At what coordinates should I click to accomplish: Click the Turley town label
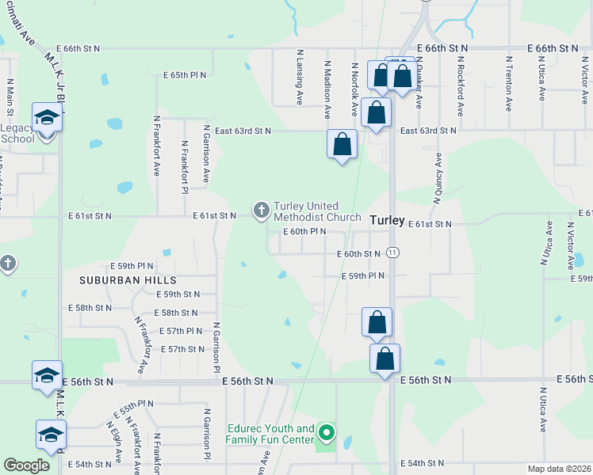387,219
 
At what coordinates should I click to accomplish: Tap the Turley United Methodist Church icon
261,210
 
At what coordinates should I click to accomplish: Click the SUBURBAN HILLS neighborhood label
127,280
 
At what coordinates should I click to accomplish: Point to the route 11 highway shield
394,253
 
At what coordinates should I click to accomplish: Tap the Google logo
26,465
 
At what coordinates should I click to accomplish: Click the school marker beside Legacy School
47,119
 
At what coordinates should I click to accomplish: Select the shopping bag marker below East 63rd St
342,145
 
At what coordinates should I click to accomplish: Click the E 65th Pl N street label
185,75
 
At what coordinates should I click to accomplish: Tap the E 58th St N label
176,313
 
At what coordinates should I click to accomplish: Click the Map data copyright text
560,469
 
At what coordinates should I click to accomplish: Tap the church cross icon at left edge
7,263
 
